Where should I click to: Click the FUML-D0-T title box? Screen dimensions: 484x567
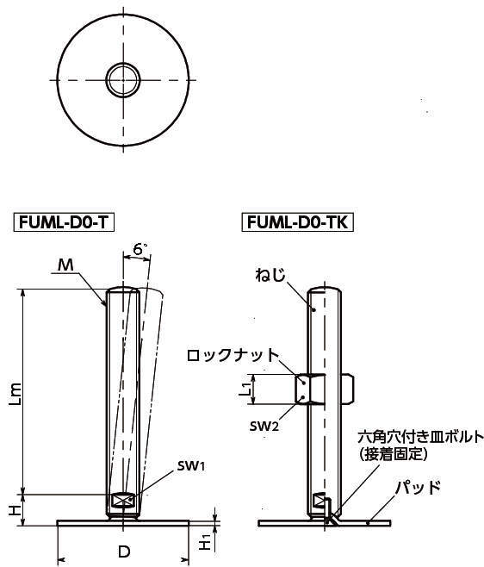pos(64,222)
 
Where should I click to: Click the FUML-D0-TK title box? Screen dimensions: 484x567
pos(297,222)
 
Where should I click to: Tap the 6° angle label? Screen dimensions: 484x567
pos(140,249)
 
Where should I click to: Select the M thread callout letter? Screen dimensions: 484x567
pos(65,265)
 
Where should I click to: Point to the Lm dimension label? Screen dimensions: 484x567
pos(16,394)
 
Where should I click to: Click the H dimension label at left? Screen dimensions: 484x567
pos(15,510)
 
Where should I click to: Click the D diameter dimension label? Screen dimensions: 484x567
pos(124,551)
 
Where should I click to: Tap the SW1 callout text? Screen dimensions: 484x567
pos(191,465)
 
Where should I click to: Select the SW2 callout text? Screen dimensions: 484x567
pos(264,427)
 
